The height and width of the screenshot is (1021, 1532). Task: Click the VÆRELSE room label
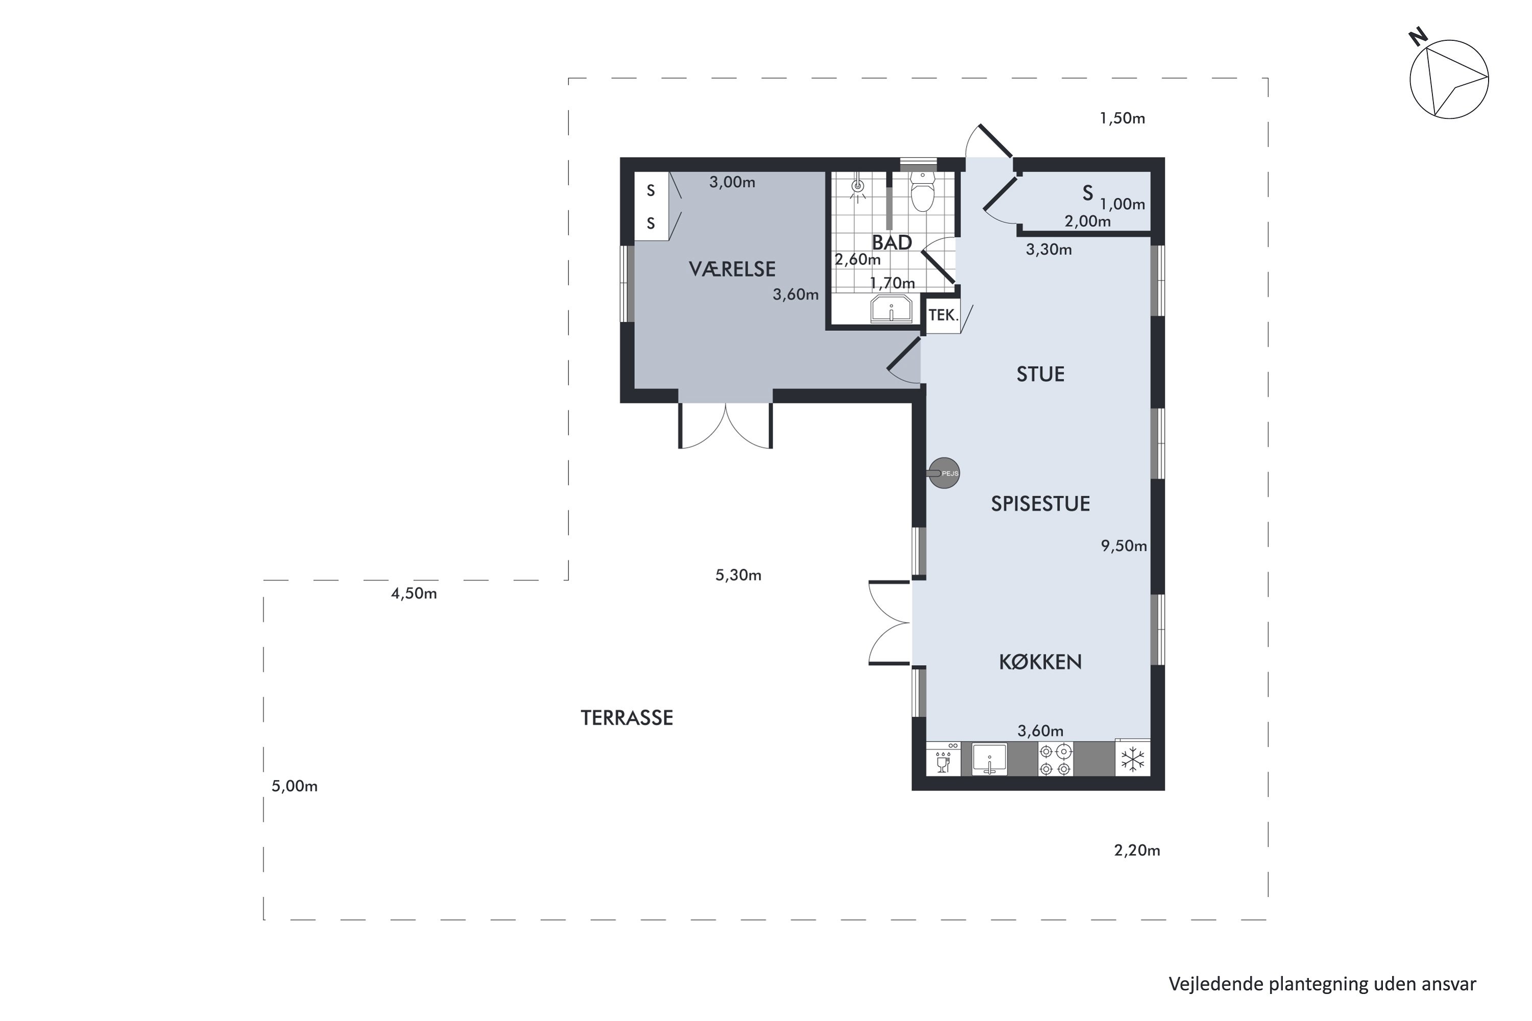click(x=732, y=269)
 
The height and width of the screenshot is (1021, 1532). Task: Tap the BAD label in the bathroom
click(x=892, y=243)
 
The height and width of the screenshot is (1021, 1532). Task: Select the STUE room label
click(x=1040, y=374)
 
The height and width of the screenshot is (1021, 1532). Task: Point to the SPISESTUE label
click(x=1040, y=504)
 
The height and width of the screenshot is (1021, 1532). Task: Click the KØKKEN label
click(x=1040, y=662)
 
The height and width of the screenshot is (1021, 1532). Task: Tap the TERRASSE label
click(x=627, y=718)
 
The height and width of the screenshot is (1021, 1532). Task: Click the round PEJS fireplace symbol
click(x=944, y=473)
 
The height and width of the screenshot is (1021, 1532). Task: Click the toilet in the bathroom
click(x=922, y=191)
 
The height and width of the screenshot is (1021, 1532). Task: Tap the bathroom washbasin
click(x=892, y=309)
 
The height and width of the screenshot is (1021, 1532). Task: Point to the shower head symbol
click(x=858, y=187)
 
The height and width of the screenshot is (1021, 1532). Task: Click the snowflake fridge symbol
click(x=1133, y=759)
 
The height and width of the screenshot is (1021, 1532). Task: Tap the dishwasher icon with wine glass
click(x=943, y=759)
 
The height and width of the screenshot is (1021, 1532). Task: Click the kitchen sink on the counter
click(x=990, y=759)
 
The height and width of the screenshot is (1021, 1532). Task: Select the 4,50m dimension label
click(x=414, y=594)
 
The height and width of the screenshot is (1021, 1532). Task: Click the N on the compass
click(x=1418, y=37)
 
